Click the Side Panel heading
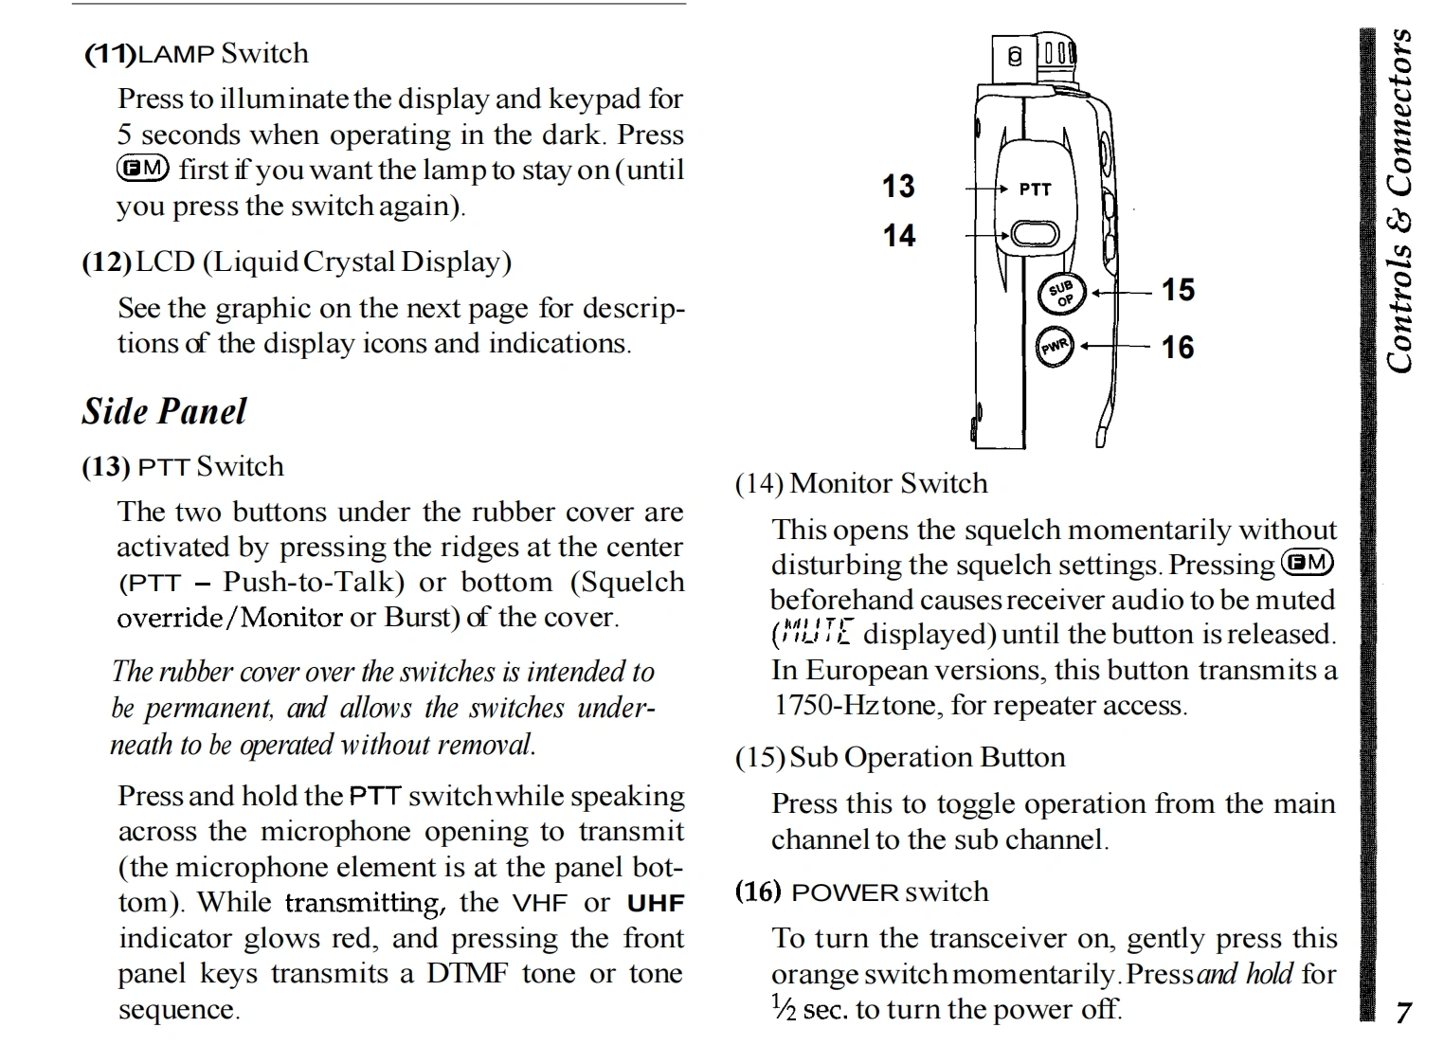point(164,411)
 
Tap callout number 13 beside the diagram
point(898,186)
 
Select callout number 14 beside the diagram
point(899,235)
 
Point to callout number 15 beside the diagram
point(1178,290)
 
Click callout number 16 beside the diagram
point(1178,348)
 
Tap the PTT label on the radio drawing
point(1035,189)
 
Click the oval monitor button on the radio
point(1034,234)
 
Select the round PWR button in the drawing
point(1055,348)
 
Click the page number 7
point(1403,1013)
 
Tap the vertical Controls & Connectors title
point(1399,201)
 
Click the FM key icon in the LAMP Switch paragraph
point(142,169)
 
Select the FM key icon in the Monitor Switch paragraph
point(1307,563)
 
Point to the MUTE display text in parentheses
point(815,632)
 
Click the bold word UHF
point(655,903)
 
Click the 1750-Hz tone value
point(827,705)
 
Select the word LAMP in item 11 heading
point(176,55)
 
